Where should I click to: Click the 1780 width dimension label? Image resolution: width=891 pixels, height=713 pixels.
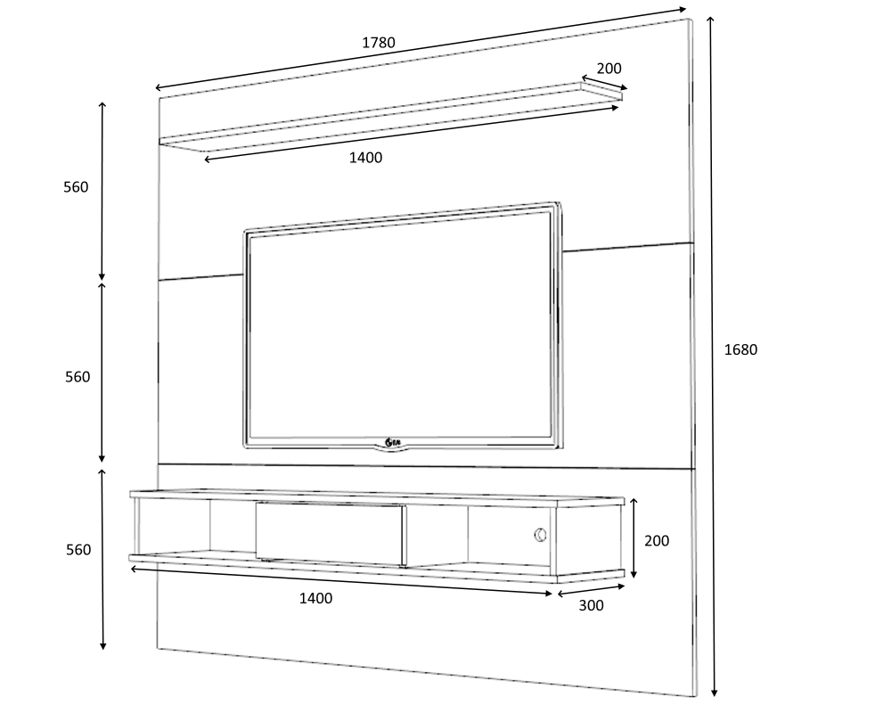(379, 43)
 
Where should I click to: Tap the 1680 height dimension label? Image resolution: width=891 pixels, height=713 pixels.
(740, 349)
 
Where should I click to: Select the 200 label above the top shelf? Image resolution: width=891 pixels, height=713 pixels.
(609, 69)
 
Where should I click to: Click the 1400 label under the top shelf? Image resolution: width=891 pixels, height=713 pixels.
(365, 158)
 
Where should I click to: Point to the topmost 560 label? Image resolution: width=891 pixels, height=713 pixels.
(76, 187)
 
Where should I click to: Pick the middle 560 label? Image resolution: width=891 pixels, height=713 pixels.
(78, 377)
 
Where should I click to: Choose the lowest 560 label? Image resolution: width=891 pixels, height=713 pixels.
(78, 550)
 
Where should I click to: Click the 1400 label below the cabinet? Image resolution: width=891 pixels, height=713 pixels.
(316, 598)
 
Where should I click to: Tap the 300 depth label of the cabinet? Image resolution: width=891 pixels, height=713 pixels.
(591, 606)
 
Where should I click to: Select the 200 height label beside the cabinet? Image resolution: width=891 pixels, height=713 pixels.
(657, 541)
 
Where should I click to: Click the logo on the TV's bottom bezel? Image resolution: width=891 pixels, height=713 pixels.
(392, 442)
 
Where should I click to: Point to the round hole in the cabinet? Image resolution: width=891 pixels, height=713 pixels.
(541, 535)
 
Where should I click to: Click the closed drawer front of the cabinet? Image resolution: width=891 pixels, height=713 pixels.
(330, 533)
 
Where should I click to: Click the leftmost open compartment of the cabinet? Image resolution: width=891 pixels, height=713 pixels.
(174, 527)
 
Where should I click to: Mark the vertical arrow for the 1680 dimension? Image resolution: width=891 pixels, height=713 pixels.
(712, 356)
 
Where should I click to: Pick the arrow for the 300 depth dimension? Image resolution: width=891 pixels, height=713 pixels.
(591, 590)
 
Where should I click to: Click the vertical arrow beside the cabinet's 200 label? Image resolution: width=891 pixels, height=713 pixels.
(634, 538)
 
